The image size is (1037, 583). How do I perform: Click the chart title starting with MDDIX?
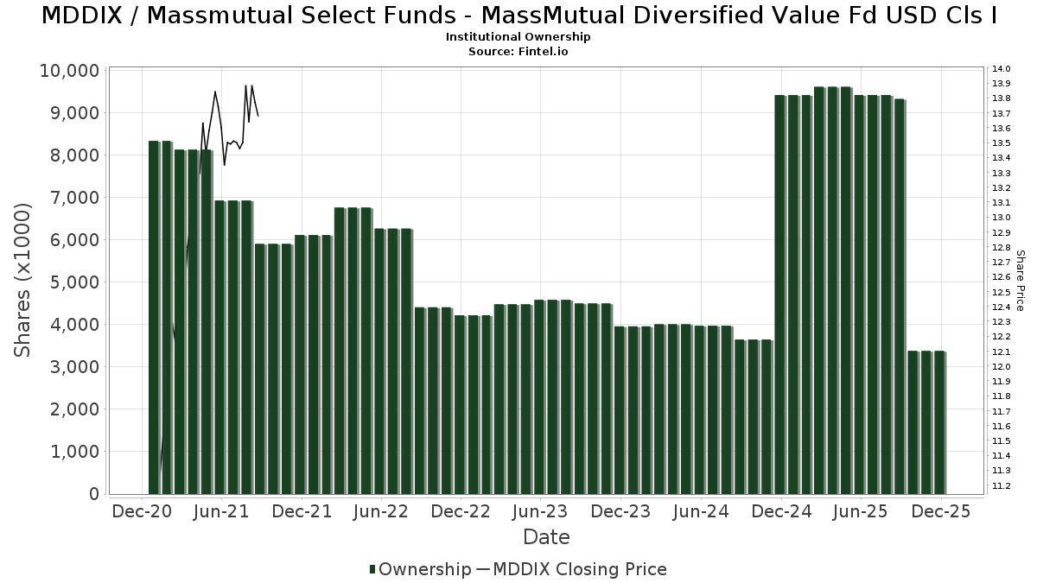click(x=518, y=16)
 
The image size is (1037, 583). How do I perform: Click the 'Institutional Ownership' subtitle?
click(x=518, y=37)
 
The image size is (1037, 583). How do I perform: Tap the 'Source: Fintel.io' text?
click(x=518, y=51)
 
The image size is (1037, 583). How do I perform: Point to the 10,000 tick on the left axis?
click(x=68, y=71)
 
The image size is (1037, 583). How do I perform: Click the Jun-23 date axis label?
click(x=540, y=511)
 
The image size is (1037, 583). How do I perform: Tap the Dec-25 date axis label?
click(x=941, y=511)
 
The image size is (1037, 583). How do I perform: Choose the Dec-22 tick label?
click(x=461, y=511)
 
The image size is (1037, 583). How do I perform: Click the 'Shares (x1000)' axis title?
click(x=24, y=280)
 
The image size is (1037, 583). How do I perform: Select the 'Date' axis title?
click(x=546, y=537)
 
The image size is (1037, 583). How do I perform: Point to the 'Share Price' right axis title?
click(x=1020, y=280)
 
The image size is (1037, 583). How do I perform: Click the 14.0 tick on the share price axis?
click(x=1002, y=69)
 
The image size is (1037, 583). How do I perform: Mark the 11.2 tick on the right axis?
click(x=1002, y=485)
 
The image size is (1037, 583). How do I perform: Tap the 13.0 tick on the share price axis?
click(x=1002, y=218)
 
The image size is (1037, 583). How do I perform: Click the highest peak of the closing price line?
click(x=246, y=85)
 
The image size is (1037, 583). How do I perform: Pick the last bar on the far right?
click(x=939, y=422)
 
